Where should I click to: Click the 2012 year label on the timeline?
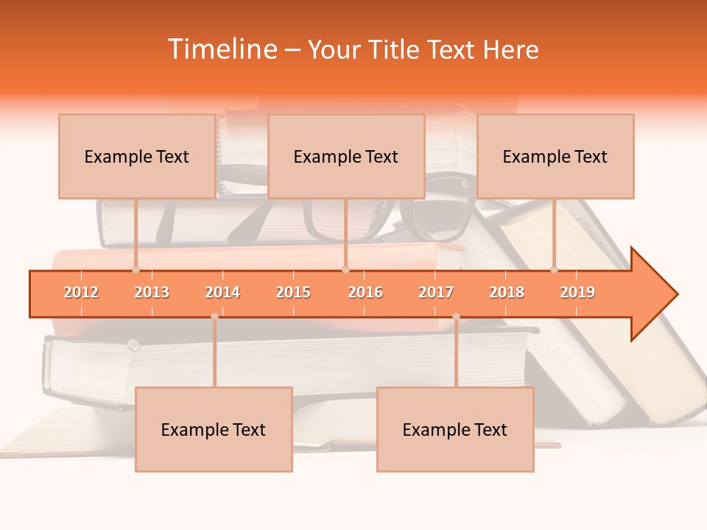[x=81, y=292]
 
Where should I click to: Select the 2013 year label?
[x=152, y=292]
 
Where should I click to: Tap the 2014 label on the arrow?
[x=222, y=292]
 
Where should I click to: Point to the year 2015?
[x=293, y=292]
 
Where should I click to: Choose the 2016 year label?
[x=365, y=292]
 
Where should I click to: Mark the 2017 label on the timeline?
[x=436, y=292]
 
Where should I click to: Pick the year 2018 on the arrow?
[x=507, y=292]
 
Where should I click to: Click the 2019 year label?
[x=577, y=292]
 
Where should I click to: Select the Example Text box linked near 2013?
[x=137, y=156]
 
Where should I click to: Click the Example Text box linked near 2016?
[x=346, y=156]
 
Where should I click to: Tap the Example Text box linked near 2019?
[x=555, y=156]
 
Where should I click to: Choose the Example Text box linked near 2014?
[x=214, y=429]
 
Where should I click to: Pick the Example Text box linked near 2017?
[x=455, y=429]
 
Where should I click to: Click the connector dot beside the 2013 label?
[x=136, y=270]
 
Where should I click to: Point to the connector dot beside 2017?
[x=456, y=317]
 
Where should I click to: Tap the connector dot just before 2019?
[x=554, y=270]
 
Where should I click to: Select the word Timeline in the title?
[x=222, y=49]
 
